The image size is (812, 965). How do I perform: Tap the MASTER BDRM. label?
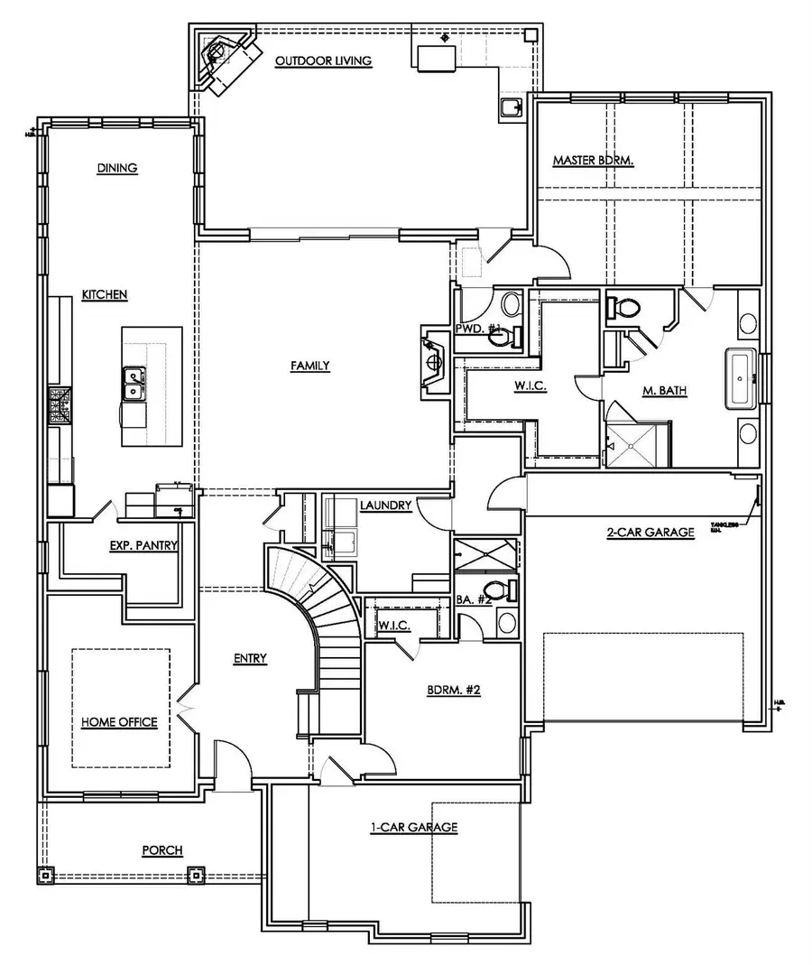(x=594, y=161)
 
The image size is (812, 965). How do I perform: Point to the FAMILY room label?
(x=309, y=366)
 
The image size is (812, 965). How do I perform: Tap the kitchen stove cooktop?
(x=60, y=405)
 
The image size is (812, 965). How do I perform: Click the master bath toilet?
(x=623, y=307)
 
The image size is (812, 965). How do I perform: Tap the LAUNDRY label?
(x=385, y=506)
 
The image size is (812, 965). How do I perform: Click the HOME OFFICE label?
(x=119, y=722)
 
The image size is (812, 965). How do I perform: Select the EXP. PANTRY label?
(x=143, y=545)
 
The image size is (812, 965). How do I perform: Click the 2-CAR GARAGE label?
(x=650, y=533)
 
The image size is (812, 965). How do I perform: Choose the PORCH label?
(x=162, y=850)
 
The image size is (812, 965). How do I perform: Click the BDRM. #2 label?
(x=453, y=692)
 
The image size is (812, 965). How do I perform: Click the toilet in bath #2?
(x=509, y=592)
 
